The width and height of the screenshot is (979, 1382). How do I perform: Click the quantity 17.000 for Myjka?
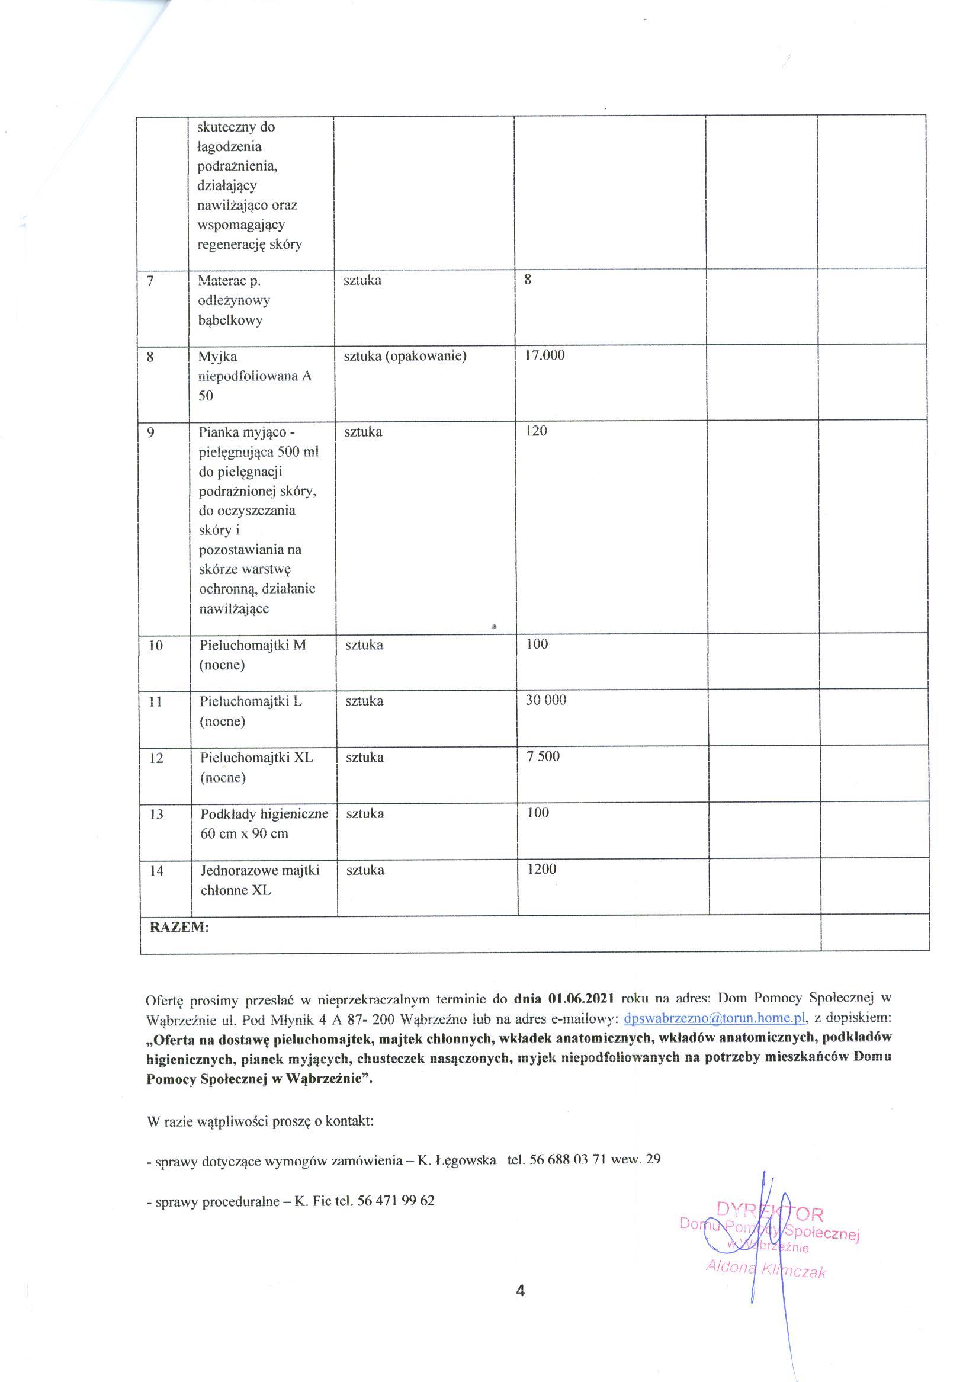pyautogui.click(x=544, y=355)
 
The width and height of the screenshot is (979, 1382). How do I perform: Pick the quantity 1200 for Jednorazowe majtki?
pyautogui.click(x=541, y=869)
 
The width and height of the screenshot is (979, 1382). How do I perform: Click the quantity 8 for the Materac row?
pyautogui.click(x=528, y=280)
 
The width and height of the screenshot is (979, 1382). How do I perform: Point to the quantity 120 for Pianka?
pyautogui.click(x=536, y=431)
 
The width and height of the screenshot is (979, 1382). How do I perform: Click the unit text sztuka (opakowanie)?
pyautogui.click(x=405, y=356)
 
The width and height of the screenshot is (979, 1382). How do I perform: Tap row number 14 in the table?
pyautogui.click(x=156, y=871)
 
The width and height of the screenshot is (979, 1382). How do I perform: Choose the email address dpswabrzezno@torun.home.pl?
pyautogui.click(x=714, y=1019)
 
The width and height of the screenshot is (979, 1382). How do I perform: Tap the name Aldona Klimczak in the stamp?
pyautogui.click(x=766, y=1269)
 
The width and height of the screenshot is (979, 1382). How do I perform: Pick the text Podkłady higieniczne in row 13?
pyautogui.click(x=264, y=814)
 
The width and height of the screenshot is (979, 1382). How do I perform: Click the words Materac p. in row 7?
pyautogui.click(x=229, y=280)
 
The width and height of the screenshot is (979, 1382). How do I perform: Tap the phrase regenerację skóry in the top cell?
pyautogui.click(x=249, y=244)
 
